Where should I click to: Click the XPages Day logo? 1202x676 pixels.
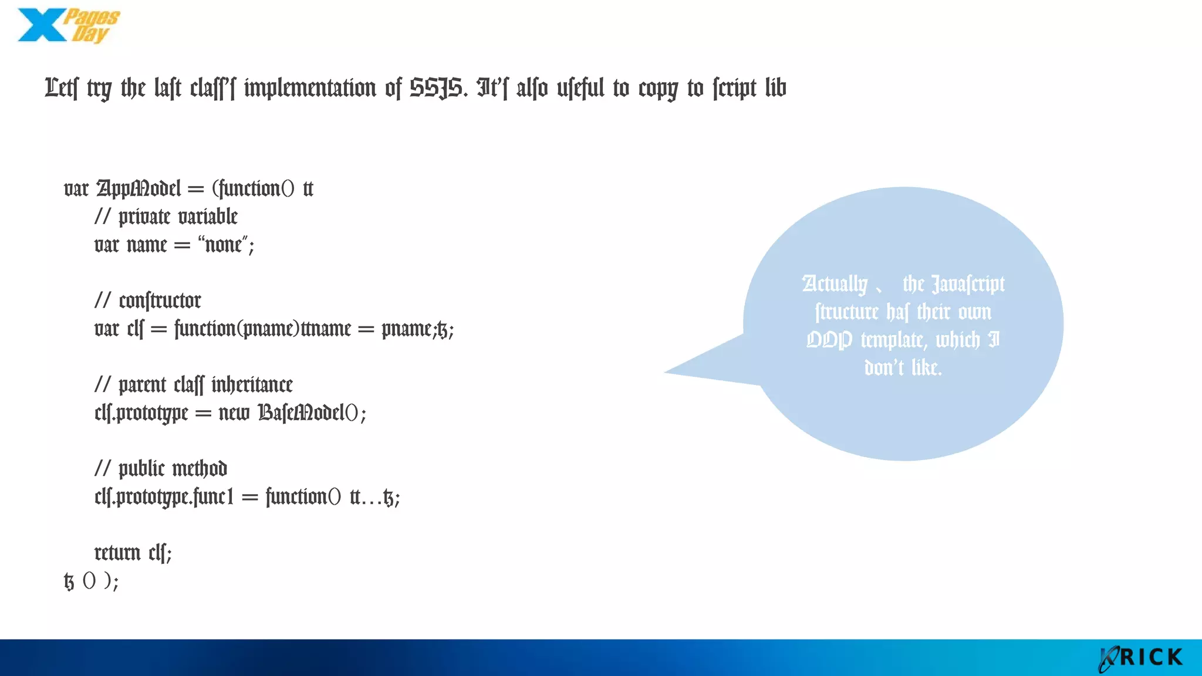(x=69, y=26)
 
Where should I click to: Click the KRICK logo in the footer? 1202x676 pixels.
(x=1142, y=658)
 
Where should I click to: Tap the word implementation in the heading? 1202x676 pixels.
(x=310, y=89)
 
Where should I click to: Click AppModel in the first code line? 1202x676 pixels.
(x=139, y=189)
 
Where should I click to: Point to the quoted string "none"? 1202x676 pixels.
(x=222, y=244)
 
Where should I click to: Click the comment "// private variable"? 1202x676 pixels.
(x=166, y=217)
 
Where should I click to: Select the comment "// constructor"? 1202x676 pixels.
(x=148, y=301)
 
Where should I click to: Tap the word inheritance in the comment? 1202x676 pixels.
(x=252, y=385)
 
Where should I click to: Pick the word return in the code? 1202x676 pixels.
(x=117, y=553)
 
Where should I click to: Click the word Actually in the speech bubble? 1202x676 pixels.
(x=835, y=285)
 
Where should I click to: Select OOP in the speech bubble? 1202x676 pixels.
(x=829, y=340)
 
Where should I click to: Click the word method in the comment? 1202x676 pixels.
(x=200, y=469)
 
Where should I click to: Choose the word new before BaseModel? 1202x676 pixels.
(x=234, y=413)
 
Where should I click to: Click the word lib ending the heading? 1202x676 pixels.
(x=775, y=89)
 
